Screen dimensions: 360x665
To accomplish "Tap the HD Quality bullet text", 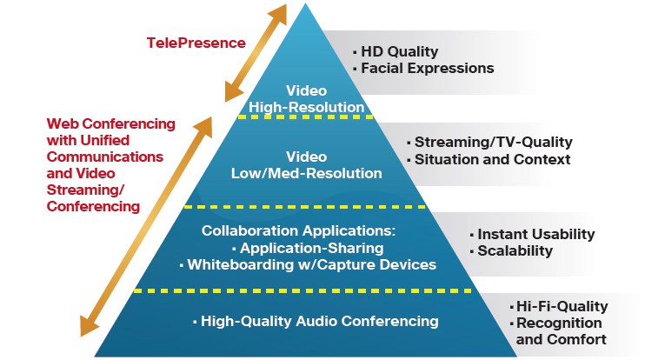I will (399, 51).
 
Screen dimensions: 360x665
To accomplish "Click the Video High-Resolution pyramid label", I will (306, 99).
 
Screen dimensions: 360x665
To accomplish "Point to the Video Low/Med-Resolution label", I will (306, 165).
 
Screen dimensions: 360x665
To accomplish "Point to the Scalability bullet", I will (515, 250).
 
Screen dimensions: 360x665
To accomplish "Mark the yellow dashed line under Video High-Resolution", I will (306, 117).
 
